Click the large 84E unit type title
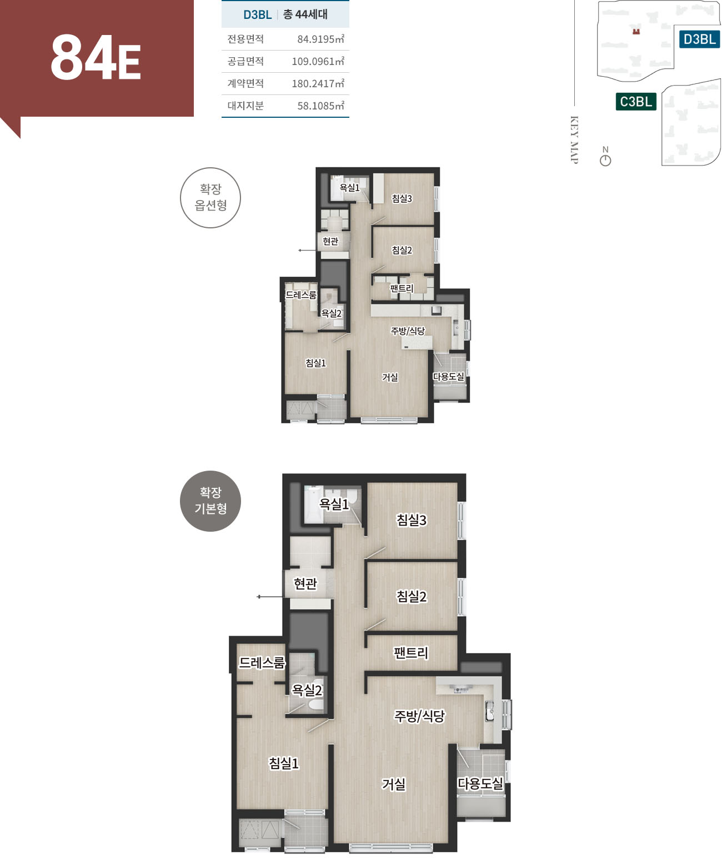[x=96, y=58]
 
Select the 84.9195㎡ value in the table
[x=320, y=39]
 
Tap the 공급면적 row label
[x=245, y=61]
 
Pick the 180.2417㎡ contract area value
[x=318, y=83]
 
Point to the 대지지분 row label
[x=245, y=106]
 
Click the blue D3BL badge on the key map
[x=700, y=39]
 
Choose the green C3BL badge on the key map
[x=636, y=101]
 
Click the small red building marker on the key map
[x=636, y=31]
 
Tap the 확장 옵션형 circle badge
[x=210, y=197]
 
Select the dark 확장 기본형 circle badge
[x=210, y=501]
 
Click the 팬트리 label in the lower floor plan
[x=411, y=653]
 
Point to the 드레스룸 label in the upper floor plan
[x=301, y=294]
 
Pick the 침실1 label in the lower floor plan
[x=284, y=763]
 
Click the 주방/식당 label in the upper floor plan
[x=408, y=331]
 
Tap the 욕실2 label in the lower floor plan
[x=307, y=690]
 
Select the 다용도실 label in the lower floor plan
[x=480, y=783]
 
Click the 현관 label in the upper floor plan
[x=330, y=241]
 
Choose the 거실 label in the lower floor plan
[x=393, y=784]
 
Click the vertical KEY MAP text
[x=574, y=140]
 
